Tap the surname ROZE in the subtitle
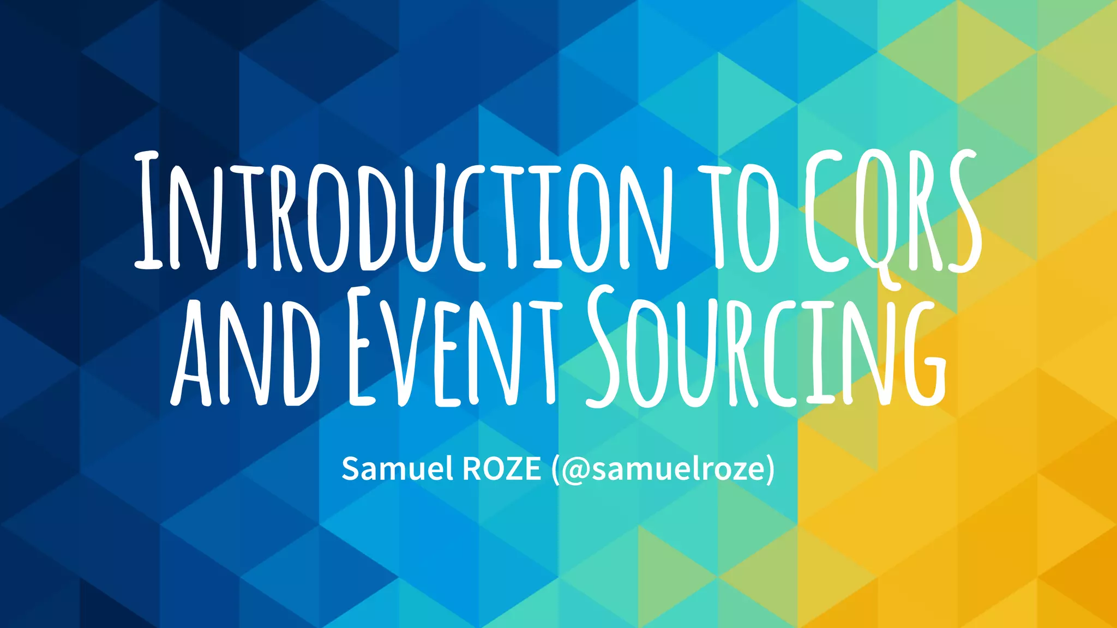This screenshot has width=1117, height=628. coord(501,468)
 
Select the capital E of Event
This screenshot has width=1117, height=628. coord(362,349)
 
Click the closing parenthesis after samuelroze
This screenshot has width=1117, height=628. coord(770,469)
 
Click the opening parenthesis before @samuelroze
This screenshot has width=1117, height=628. coord(555,469)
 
